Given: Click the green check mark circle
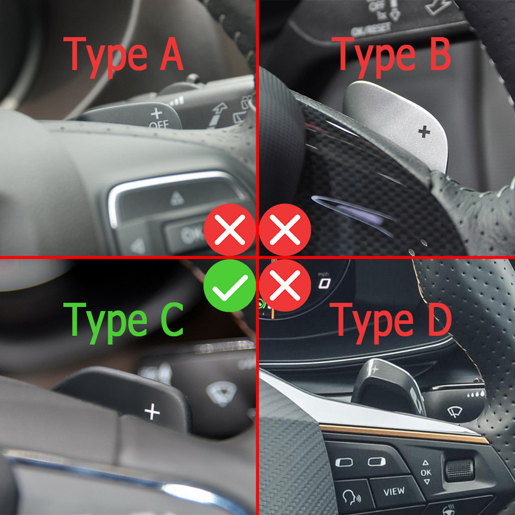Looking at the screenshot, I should (x=229, y=286).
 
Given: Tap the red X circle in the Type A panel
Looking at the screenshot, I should (x=229, y=230).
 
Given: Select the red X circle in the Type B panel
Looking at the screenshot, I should (x=285, y=230).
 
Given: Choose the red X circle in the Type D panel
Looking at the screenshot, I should (x=285, y=286).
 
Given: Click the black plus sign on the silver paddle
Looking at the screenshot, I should (x=423, y=132).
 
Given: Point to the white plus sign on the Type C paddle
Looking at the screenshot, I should (x=152, y=411).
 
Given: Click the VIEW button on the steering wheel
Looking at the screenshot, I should (x=393, y=491).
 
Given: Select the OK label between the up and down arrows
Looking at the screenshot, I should (x=426, y=472).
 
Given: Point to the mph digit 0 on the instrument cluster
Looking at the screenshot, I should (x=323, y=283).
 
